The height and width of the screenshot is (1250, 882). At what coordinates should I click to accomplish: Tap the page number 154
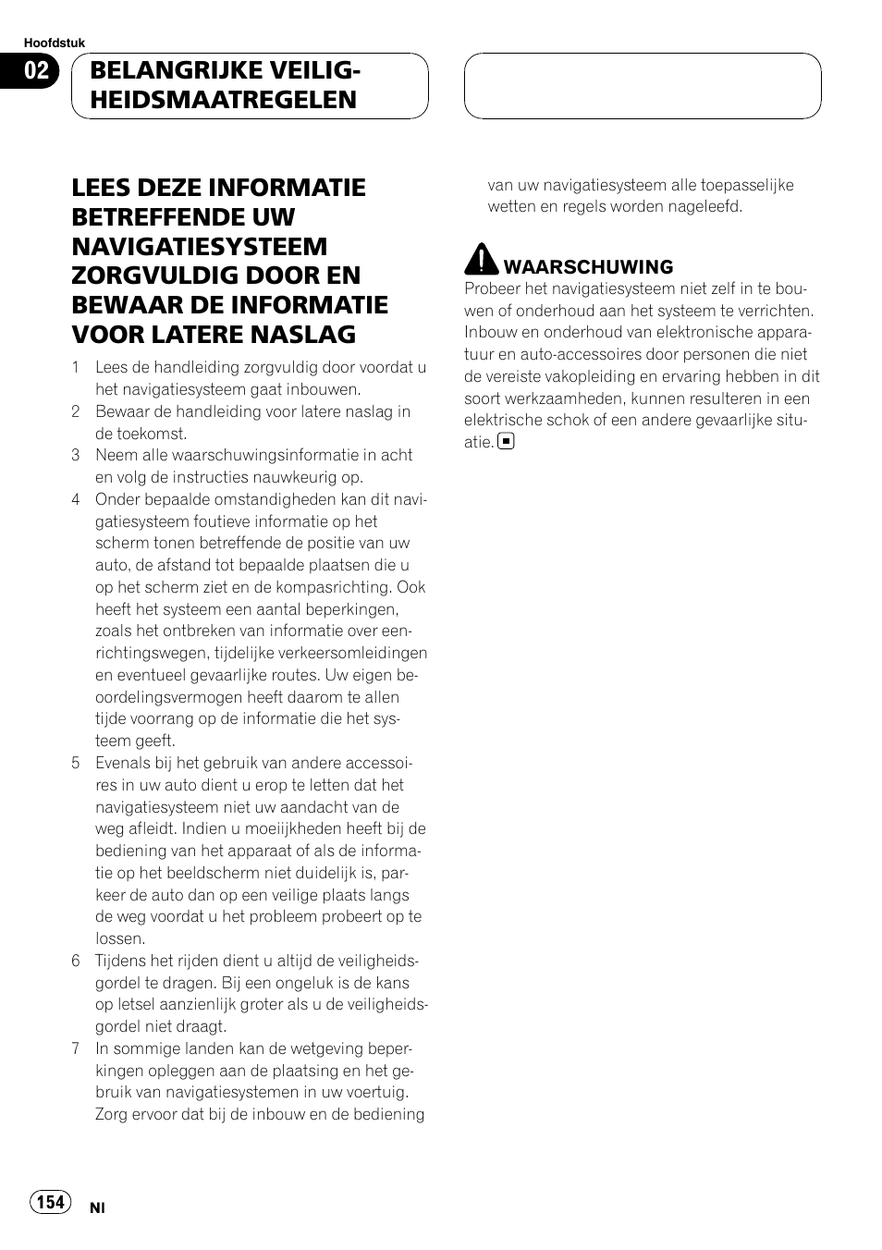[x=51, y=1201]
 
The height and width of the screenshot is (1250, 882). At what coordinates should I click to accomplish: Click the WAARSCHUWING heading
[x=588, y=267]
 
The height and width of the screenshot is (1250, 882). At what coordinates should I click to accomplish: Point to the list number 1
[x=76, y=368]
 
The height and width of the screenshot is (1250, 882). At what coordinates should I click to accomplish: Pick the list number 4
[x=76, y=500]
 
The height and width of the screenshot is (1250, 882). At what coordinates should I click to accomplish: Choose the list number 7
[x=76, y=1049]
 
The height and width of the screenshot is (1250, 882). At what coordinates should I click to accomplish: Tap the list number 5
[x=76, y=764]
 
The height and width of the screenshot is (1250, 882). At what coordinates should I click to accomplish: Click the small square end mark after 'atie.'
[x=506, y=442]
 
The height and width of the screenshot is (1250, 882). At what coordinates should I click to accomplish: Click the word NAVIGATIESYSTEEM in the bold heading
[x=200, y=247]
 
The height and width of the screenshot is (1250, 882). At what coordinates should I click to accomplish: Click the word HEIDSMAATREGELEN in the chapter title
[x=224, y=101]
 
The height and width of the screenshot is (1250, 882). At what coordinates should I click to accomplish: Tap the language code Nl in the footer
[x=97, y=1208]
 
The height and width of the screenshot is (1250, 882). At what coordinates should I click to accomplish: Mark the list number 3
[x=76, y=456]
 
